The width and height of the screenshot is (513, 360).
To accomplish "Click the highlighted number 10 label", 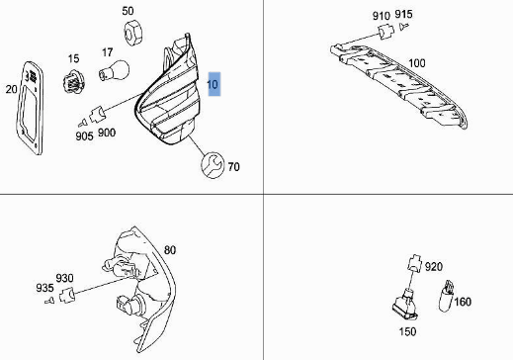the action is pos(214,84).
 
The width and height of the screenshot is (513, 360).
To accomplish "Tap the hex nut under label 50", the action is pos(133,32).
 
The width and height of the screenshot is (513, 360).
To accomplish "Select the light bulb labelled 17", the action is pos(114,70).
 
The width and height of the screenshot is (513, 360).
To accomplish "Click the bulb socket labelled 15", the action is pos(74,82).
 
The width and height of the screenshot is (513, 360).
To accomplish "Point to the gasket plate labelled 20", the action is pos(30,108).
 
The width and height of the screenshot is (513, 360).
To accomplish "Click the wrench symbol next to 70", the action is pos(213,165).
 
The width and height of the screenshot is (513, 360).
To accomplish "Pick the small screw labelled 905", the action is pos(83,123).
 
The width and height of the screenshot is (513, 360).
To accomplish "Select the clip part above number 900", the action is pos(97,114).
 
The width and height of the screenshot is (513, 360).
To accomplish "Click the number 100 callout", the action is pos(417,63).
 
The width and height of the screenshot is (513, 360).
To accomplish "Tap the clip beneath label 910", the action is pos(385,32).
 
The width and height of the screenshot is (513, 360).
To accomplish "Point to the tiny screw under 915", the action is pos(404,26).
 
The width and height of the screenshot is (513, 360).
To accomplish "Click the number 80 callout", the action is pos(169,250).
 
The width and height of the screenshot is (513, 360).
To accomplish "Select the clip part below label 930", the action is pos(67,295).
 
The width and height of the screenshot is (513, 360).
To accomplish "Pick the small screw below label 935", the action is pos(49,300).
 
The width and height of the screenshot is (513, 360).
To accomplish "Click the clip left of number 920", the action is pos(415,263).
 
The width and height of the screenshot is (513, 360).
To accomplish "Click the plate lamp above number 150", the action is pos(406,305).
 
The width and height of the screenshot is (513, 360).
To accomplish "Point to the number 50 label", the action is pos(128,11).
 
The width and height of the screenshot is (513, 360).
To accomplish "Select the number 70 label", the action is pos(233,167).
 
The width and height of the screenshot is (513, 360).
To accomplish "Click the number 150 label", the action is pos(407,331).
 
